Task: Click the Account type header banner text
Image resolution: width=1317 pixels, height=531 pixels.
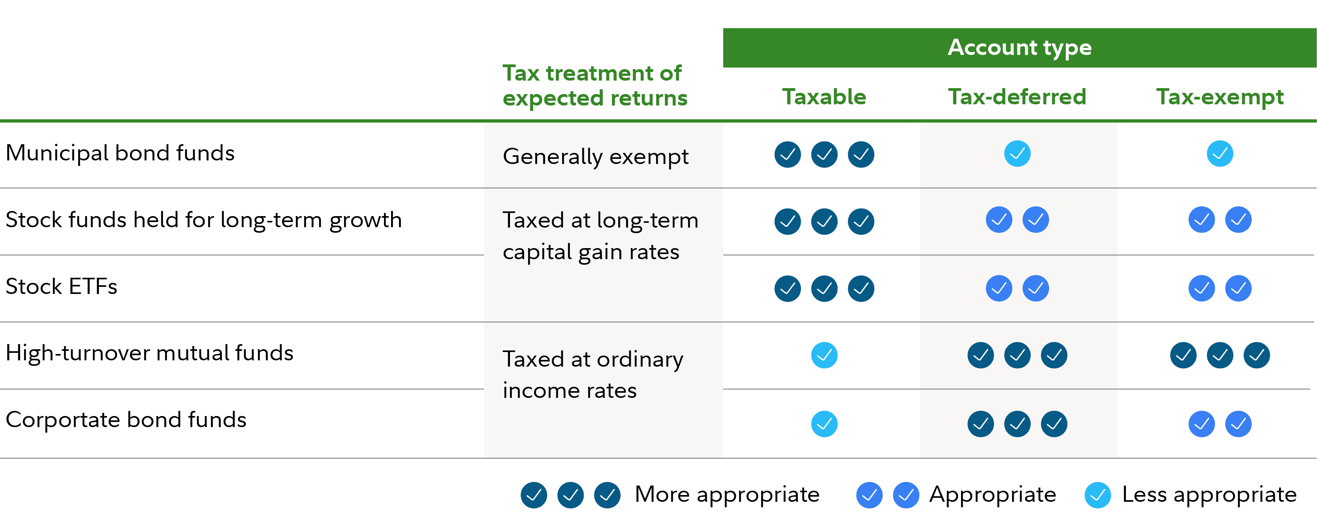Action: [1020, 47]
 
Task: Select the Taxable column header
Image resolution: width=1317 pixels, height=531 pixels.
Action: [824, 97]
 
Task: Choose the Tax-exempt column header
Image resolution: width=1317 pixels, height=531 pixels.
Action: [1220, 97]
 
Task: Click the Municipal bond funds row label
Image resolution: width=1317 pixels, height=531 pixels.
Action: [120, 153]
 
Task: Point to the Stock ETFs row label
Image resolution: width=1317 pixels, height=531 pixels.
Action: [61, 286]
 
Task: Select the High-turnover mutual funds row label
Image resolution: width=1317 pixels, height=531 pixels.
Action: [149, 353]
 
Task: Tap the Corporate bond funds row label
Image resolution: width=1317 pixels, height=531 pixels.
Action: [126, 420]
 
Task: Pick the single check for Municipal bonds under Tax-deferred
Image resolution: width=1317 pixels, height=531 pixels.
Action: [1018, 153]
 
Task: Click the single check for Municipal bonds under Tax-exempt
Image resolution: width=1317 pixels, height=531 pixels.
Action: [1220, 153]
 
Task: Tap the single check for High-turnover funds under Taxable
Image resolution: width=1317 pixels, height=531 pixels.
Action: [824, 355]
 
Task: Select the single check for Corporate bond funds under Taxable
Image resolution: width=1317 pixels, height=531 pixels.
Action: [824, 424]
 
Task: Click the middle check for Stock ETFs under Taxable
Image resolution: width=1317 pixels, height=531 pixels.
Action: [824, 288]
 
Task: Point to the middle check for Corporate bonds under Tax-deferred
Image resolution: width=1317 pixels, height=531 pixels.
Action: [1018, 424]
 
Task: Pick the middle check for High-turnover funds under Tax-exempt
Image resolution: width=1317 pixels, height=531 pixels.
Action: [1220, 355]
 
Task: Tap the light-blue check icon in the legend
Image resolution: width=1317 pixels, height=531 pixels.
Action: [1098, 495]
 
